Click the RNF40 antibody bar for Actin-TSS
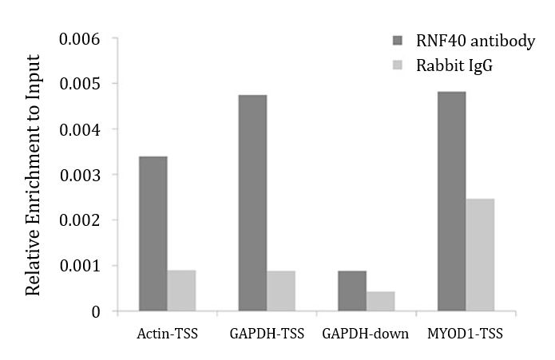153,233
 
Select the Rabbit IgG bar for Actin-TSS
181,290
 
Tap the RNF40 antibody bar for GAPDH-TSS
252,203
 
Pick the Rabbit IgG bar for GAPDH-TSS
281,291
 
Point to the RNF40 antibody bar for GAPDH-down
351,291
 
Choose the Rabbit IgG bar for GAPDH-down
380,301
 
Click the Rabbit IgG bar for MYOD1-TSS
480,255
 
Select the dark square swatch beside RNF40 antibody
398,41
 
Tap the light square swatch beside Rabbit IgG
398,65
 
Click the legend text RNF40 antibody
475,41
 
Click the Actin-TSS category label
167,334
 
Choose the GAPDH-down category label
366,334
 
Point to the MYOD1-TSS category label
466,334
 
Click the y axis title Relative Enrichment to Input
33,176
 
